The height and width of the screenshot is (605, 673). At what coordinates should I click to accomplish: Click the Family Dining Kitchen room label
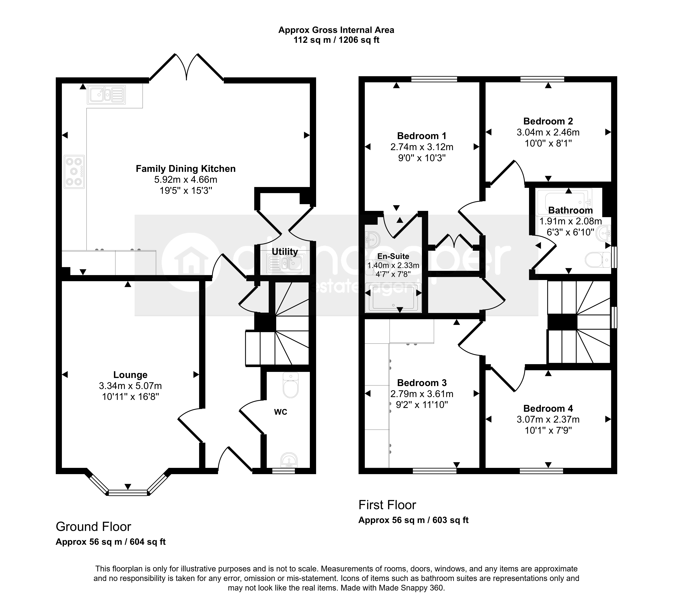186,169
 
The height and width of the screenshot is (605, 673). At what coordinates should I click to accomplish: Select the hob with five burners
74,172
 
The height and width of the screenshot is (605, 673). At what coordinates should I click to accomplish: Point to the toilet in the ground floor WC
291,385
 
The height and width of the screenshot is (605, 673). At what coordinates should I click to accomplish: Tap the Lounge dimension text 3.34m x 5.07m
130,386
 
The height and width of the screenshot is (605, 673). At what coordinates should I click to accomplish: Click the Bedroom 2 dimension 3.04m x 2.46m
548,132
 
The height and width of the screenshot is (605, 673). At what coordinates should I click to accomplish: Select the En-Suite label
393,256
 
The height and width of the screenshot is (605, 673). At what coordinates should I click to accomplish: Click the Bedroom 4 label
548,409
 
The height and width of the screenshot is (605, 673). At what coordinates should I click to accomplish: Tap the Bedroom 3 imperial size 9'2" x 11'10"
422,405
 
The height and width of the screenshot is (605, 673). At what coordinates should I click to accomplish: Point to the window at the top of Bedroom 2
542,79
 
